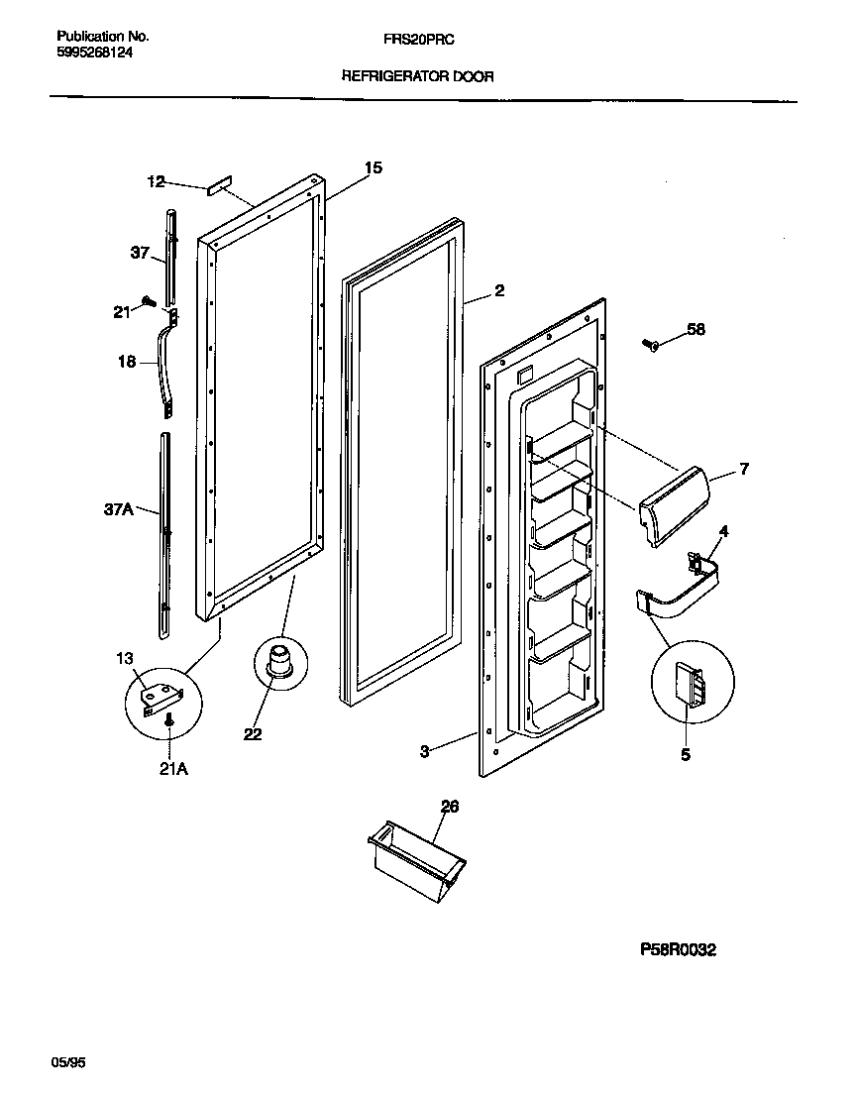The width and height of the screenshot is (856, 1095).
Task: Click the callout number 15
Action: (373, 168)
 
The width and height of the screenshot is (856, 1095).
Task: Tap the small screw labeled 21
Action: (149, 299)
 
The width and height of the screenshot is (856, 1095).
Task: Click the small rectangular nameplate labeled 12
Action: (218, 184)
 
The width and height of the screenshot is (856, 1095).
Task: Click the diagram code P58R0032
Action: (676, 950)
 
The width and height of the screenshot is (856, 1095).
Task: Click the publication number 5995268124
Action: (90, 54)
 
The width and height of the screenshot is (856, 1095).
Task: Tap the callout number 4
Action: (723, 532)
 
